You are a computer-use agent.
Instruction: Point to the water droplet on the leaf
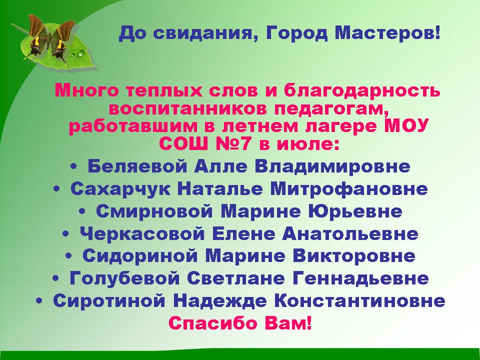point(81,53)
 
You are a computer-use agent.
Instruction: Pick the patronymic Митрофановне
point(349,189)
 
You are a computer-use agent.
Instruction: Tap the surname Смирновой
point(153,211)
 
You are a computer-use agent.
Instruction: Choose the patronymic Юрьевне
point(355,211)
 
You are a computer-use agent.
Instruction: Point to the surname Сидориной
point(140,256)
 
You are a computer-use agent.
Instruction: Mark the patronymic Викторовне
point(354,256)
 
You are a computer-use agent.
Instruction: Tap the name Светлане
point(235,278)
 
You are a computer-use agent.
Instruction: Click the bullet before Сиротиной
point(39,301)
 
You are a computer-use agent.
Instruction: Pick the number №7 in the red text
point(233,143)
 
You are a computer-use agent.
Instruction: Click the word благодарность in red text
point(362,91)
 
